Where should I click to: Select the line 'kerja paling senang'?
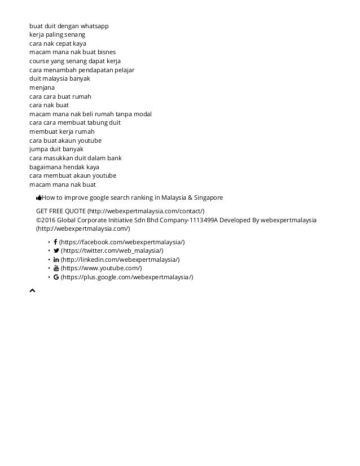coord(58,35)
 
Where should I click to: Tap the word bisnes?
coord(106,52)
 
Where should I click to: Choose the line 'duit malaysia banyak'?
coord(60,79)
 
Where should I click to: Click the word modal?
coord(142,114)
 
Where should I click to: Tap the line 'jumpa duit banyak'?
coord(56,149)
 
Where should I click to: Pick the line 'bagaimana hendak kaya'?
coord(64,167)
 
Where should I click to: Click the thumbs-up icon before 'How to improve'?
coord(39,198)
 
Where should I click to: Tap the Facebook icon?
coord(55,242)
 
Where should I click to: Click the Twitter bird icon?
coord(56,250)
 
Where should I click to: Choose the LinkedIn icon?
coord(56,260)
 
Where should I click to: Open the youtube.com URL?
coord(102,269)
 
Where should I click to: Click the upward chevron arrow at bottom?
coord(32,291)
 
